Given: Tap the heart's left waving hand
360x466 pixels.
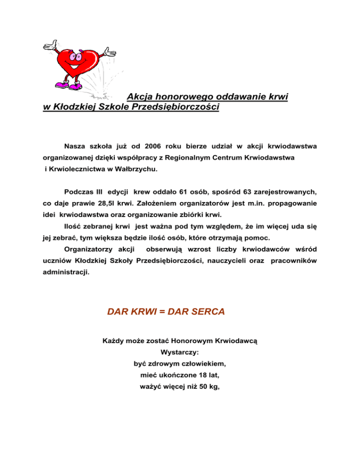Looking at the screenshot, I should point(50,45).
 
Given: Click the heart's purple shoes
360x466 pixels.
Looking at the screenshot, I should point(70,85).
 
